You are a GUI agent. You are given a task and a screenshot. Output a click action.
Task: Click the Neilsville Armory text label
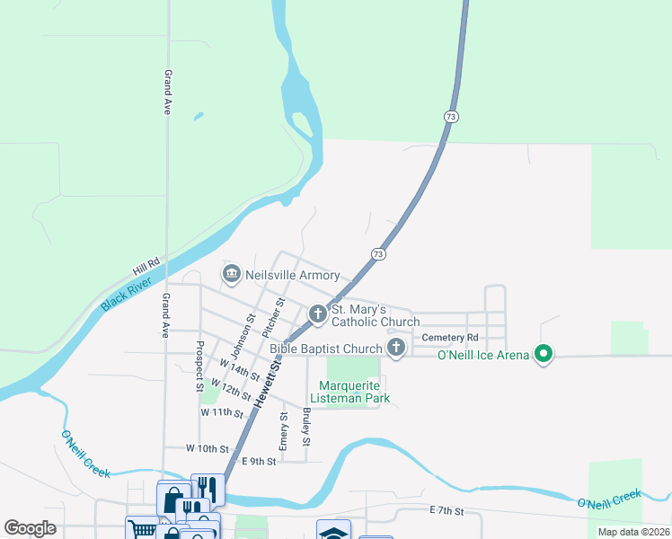pyautogui.click(x=292, y=275)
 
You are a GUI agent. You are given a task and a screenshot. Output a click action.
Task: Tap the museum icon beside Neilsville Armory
pyautogui.click(x=231, y=272)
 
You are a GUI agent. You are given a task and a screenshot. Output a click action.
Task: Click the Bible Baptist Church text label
pyautogui.click(x=326, y=349)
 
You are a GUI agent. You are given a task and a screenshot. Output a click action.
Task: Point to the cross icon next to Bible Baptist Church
pyautogui.click(x=395, y=348)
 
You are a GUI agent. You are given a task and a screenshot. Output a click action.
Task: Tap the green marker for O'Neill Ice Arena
pyautogui.click(x=543, y=355)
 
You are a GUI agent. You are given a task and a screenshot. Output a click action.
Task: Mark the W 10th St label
pyautogui.click(x=208, y=447)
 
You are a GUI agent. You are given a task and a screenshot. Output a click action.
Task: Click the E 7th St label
pyautogui.click(x=446, y=510)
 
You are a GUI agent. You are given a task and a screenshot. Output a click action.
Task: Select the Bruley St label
pyautogui.click(x=307, y=428)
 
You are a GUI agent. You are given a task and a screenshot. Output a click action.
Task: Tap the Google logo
pyautogui.click(x=30, y=528)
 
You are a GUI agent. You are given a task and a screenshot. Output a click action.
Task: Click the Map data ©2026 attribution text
pyautogui.click(x=632, y=532)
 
